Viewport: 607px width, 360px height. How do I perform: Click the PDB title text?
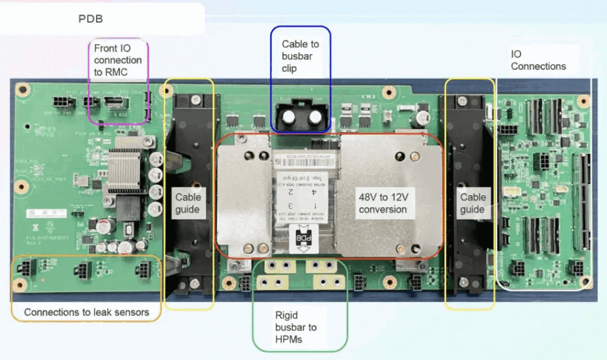(x=91, y=19)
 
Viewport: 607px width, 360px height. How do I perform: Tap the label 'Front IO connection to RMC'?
(x=118, y=60)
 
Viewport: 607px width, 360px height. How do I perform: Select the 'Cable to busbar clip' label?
(x=301, y=56)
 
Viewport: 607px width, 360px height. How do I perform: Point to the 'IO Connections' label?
(x=538, y=60)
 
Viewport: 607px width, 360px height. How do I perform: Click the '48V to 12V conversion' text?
(x=382, y=203)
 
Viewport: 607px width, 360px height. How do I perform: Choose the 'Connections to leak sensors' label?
(x=87, y=312)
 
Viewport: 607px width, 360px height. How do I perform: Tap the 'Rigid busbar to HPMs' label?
(x=296, y=327)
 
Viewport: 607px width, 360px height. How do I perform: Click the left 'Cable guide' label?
(x=189, y=203)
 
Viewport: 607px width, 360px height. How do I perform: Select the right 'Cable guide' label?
(x=472, y=203)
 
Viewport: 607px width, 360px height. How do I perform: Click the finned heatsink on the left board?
(x=126, y=172)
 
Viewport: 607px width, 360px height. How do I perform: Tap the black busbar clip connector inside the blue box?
(x=300, y=117)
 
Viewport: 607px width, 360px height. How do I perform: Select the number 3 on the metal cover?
(x=291, y=205)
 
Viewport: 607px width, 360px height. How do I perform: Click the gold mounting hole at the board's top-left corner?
(x=23, y=90)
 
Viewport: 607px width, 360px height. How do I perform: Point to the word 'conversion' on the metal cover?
(x=382, y=209)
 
